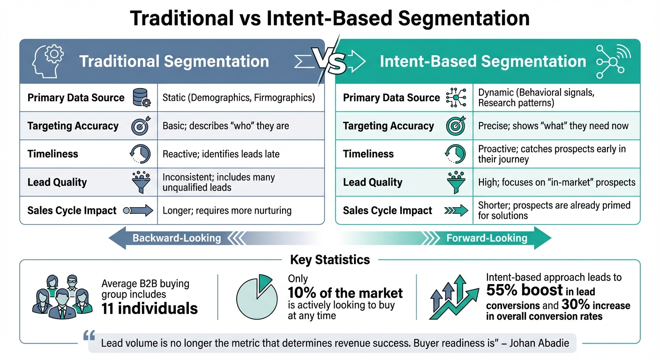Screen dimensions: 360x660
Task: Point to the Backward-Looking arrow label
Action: coord(177,238)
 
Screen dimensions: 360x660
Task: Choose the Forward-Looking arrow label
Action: coord(487,238)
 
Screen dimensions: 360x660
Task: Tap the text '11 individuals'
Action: coord(150,308)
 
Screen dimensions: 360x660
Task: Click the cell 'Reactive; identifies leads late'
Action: coord(221,154)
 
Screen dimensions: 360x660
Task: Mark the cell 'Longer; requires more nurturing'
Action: coord(227,210)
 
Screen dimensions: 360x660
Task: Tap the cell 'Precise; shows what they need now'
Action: coord(553,126)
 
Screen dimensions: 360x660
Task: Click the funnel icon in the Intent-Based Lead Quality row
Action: coord(456,182)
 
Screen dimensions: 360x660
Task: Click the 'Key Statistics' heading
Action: coord(330,260)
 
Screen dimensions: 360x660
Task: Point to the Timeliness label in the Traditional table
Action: coord(53,154)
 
